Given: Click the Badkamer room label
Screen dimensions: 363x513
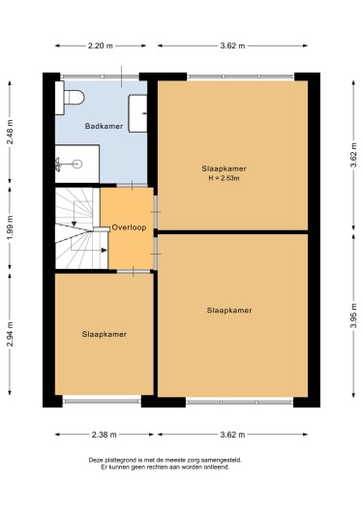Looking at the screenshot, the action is (x=104, y=126).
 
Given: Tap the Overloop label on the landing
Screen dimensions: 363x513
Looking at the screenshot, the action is (x=129, y=227).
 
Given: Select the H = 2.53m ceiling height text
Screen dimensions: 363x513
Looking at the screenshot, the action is (x=224, y=178).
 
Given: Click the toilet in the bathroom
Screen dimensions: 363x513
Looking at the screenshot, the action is (x=70, y=98).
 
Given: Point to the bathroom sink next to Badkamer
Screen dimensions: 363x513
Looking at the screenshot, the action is (x=137, y=113).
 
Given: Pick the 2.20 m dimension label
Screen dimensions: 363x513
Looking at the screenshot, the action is (x=100, y=45).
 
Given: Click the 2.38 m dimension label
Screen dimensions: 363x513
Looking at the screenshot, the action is (x=105, y=435).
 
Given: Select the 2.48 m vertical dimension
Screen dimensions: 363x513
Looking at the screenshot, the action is (x=10, y=132).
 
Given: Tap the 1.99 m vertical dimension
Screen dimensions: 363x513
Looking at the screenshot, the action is (x=10, y=227).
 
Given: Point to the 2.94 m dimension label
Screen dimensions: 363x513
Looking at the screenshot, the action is (x=10, y=334).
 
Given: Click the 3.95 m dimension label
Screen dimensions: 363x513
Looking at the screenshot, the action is (x=353, y=317).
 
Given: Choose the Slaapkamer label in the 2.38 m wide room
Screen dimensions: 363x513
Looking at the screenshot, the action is (x=105, y=334).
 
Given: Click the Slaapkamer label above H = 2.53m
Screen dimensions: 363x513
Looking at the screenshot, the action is (x=224, y=168).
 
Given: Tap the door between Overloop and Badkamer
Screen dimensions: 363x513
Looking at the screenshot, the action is (x=132, y=185).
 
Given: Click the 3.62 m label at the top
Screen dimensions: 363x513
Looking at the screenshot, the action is (x=232, y=45).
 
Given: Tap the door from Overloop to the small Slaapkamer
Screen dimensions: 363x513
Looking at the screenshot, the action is (x=134, y=271).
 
